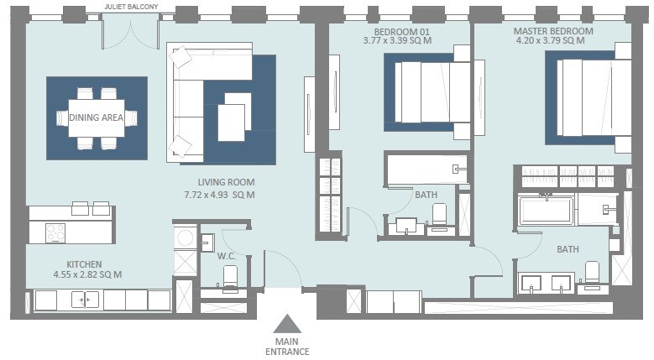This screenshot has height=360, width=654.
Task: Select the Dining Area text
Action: point(97,118)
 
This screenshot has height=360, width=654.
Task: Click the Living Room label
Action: point(226,182)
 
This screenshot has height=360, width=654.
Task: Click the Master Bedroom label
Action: point(553,31)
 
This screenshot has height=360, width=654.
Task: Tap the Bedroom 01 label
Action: point(396,30)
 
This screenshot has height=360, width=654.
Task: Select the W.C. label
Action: point(224,256)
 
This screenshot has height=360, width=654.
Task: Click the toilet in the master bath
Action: point(591,274)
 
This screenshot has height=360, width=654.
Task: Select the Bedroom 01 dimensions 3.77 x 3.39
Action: point(396,39)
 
